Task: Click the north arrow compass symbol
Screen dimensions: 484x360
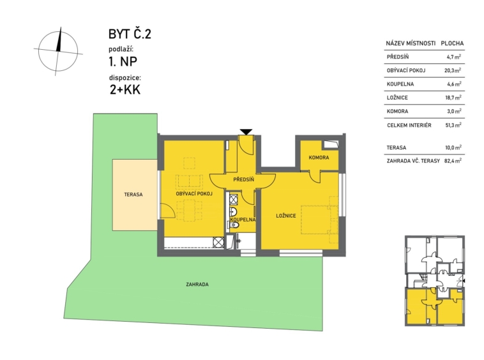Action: [57, 51]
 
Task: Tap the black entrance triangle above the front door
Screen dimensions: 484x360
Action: [246, 131]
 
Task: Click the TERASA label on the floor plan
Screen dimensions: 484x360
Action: [133, 195]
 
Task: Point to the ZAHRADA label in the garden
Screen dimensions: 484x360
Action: [197, 285]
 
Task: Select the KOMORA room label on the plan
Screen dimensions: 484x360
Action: [319, 158]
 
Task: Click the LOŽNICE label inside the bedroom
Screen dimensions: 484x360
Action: [286, 216]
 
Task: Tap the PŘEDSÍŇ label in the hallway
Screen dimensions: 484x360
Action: [243, 179]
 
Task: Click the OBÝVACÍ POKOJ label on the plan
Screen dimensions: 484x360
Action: [194, 194]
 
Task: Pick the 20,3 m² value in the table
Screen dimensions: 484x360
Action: [453, 70]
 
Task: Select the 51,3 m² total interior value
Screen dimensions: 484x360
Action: [453, 125]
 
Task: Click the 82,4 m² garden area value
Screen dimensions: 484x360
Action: [453, 160]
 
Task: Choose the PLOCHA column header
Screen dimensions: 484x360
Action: [452, 43]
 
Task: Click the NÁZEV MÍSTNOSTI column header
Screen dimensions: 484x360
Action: [411, 43]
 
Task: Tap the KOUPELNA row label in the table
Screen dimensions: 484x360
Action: [400, 84]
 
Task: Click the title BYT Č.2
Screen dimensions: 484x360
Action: [130, 34]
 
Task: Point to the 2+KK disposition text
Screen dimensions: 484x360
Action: [125, 90]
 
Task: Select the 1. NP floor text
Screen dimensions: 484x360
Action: [123, 62]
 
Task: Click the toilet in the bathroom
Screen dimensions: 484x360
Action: [234, 225]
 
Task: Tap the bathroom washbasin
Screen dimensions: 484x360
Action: [233, 212]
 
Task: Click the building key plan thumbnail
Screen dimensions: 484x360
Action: [435, 280]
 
